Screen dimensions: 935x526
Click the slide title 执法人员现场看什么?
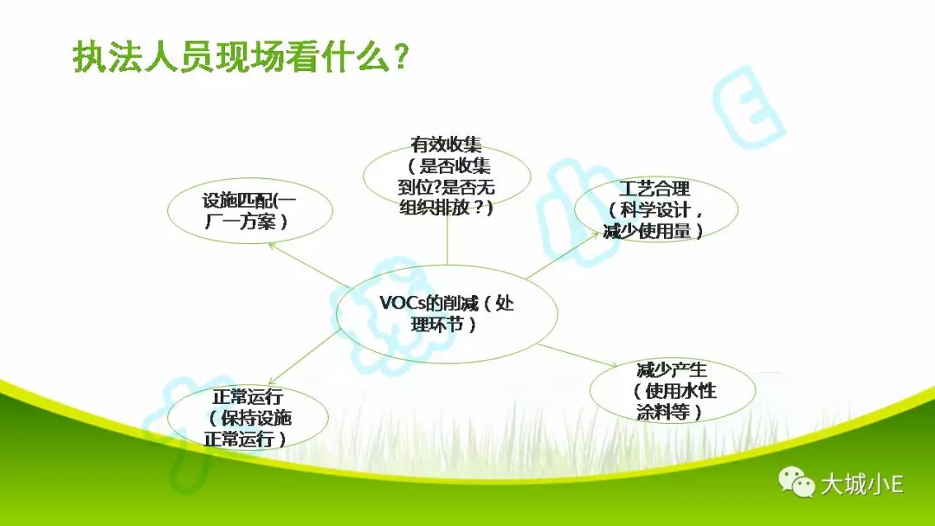click(241, 57)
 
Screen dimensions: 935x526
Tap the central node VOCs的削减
click(447, 314)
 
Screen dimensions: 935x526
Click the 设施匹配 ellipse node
click(250, 211)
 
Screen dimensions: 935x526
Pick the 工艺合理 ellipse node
click(656, 209)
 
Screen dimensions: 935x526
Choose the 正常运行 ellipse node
click(248, 418)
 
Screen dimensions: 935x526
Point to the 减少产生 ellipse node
click(673, 391)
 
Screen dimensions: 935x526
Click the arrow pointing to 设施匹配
click(309, 265)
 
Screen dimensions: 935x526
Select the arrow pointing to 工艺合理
click(563, 255)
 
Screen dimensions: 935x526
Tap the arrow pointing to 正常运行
click(305, 356)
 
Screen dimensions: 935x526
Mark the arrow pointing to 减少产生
click(577, 355)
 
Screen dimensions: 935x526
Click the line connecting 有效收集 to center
click(448, 237)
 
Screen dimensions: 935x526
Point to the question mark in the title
click(402, 57)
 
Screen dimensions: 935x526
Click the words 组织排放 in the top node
click(439, 208)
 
